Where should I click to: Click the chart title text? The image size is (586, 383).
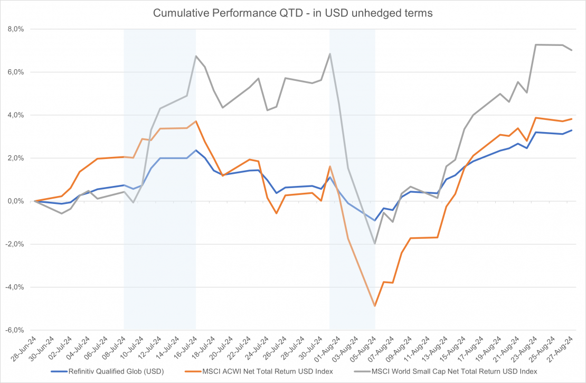click(x=292, y=13)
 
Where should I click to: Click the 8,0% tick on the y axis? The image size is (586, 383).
click(x=15, y=29)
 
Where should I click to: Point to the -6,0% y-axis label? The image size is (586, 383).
click(x=14, y=330)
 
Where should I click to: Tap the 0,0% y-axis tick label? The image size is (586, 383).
click(x=15, y=201)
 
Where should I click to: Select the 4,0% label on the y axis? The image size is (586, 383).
click(x=15, y=115)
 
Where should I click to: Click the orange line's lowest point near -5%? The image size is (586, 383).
click(x=375, y=306)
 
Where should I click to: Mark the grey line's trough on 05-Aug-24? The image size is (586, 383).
click(x=375, y=244)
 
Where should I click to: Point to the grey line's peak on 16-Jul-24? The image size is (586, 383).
click(x=196, y=56)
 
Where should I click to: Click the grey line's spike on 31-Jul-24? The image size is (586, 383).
click(x=330, y=54)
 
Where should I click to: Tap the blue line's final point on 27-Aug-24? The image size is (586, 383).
click(x=572, y=130)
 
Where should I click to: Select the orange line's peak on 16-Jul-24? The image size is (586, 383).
click(x=196, y=121)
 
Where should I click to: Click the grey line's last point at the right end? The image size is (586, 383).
click(x=572, y=50)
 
